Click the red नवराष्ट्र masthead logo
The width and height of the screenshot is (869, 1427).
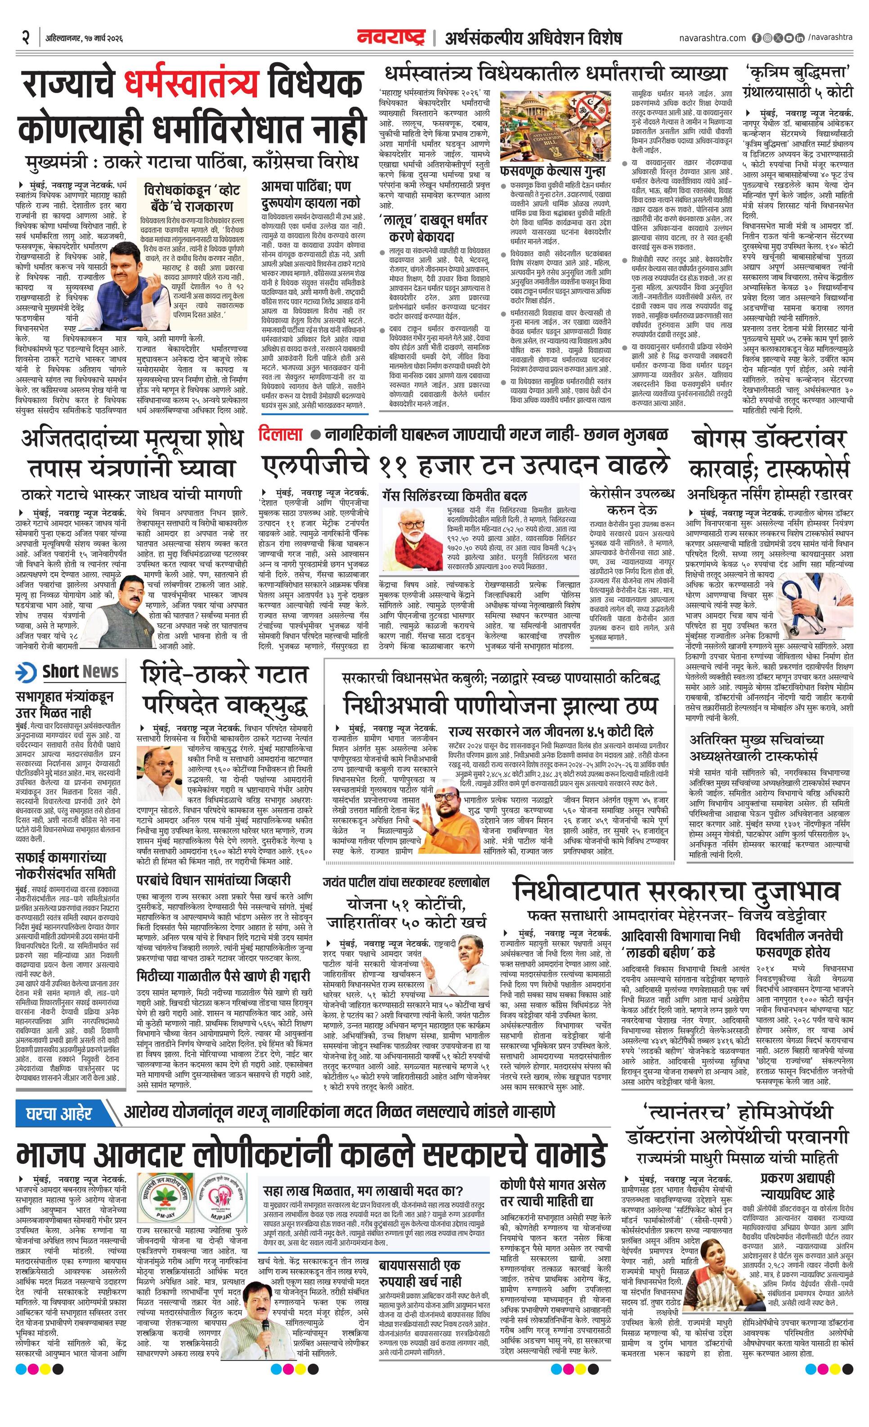(x=391, y=38)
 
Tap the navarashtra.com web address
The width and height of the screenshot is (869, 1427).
(x=712, y=38)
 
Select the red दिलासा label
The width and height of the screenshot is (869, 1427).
(x=281, y=434)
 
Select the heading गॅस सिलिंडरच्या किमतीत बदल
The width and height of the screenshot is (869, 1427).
(x=454, y=496)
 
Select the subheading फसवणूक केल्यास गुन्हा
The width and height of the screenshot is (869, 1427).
(x=553, y=171)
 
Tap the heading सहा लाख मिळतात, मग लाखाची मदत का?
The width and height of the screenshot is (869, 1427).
(x=363, y=1175)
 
